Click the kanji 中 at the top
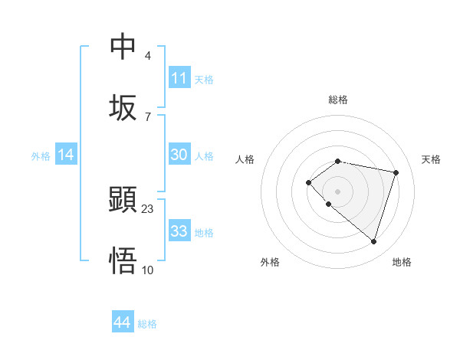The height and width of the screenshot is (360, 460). tap(123, 47)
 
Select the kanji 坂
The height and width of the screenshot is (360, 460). tap(123, 108)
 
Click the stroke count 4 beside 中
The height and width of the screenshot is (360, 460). tap(148, 56)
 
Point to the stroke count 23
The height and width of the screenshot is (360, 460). tap(148, 209)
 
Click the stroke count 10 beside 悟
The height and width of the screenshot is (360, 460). tap(148, 270)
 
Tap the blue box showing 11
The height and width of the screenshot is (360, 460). tap(179, 78)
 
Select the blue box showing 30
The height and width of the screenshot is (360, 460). tap(179, 155)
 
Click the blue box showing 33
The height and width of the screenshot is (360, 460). tap(179, 231)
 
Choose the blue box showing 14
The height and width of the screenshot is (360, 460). tap(66, 155)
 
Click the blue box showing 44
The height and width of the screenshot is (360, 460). tap(123, 322)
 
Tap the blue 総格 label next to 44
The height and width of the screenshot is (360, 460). tap(147, 324)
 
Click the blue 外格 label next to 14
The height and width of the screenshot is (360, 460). tap(41, 156)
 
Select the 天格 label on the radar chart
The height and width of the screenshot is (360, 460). tap(431, 159)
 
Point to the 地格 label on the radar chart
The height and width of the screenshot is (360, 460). tap(402, 262)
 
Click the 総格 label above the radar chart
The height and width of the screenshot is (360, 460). tap(338, 100)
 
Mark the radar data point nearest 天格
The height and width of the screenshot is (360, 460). tap(396, 172)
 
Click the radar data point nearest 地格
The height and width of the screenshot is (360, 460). tap(373, 241)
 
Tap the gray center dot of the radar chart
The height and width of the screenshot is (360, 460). tap(338, 191)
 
